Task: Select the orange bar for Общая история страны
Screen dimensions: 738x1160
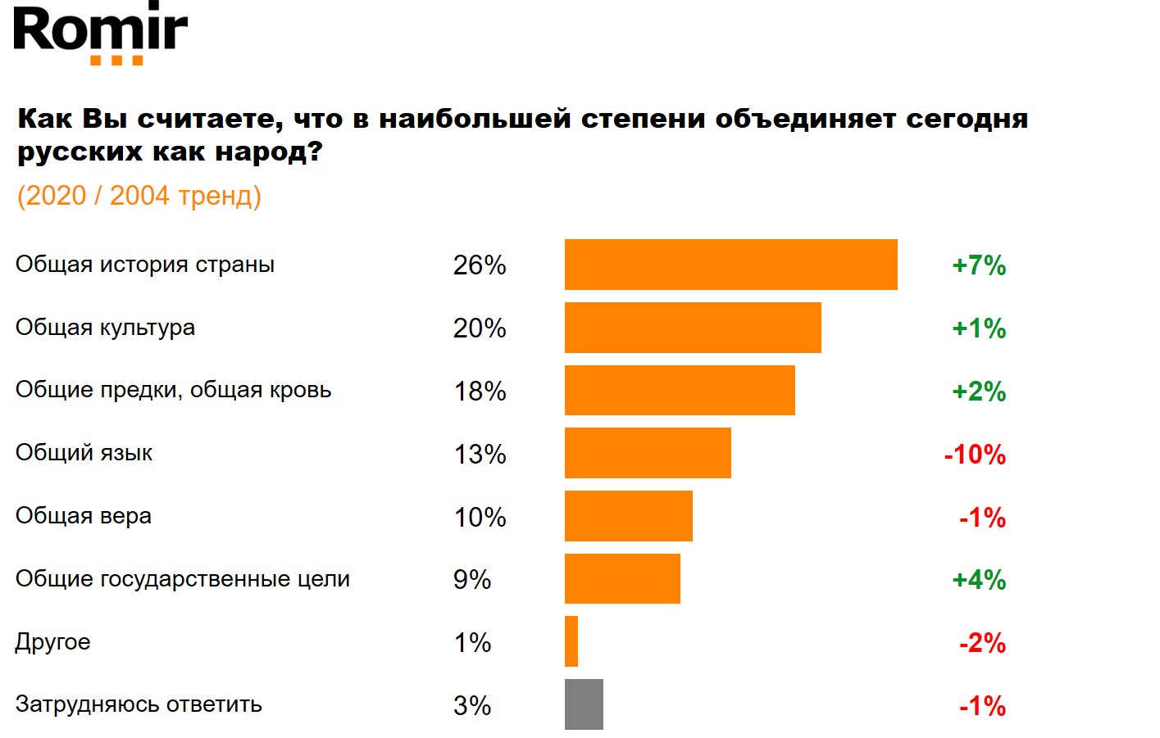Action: click(730, 265)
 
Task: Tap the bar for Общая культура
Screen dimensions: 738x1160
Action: click(693, 328)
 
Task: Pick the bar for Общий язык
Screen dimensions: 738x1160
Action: click(648, 453)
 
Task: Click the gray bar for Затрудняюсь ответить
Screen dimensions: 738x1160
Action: click(584, 704)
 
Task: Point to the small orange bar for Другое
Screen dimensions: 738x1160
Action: click(571, 641)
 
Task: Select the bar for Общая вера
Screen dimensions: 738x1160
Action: click(629, 516)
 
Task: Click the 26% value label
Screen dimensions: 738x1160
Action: click(480, 265)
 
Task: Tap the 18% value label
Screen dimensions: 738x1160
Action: click(480, 392)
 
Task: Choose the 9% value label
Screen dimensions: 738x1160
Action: click(472, 580)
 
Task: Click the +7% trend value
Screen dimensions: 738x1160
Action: click(979, 265)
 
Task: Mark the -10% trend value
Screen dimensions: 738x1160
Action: click(975, 455)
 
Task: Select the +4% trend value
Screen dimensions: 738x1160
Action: click(979, 580)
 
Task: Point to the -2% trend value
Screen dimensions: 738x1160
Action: click(982, 643)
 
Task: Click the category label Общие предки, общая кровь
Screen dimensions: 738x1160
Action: click(173, 390)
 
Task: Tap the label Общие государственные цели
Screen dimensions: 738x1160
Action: click(182, 579)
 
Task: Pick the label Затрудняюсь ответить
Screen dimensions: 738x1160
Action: click(139, 704)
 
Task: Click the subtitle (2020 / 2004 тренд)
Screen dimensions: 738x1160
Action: click(139, 196)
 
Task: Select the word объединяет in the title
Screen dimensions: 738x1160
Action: click(805, 120)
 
